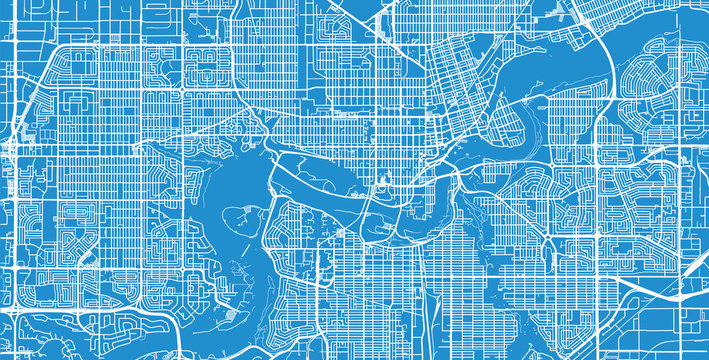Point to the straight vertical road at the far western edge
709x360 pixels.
(8, 200)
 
